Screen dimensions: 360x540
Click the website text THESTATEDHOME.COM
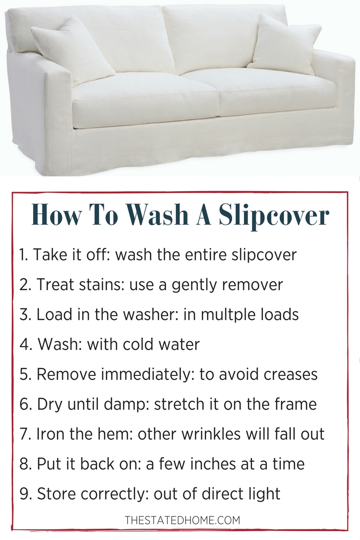(x=182, y=520)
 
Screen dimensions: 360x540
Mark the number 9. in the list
(x=26, y=493)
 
